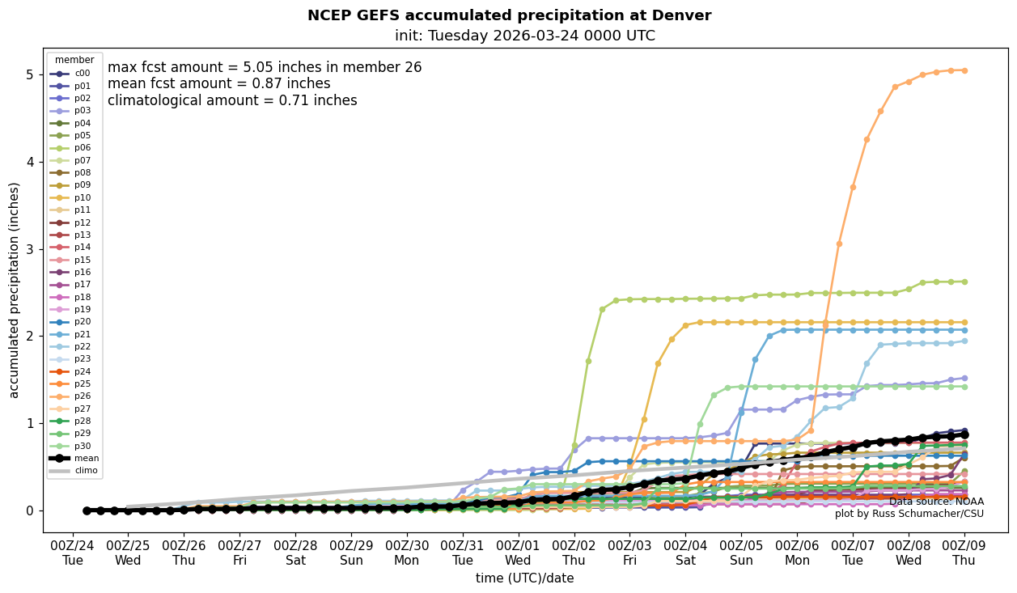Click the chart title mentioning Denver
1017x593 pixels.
coord(509,15)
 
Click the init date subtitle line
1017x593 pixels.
coord(525,36)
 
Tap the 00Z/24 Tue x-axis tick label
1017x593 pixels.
coord(73,552)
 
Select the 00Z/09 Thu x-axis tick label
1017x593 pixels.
coord(964,552)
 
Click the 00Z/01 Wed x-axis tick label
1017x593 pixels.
coord(518,552)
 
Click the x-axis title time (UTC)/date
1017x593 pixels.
coord(525,578)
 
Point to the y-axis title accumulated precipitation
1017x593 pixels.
coord(15,290)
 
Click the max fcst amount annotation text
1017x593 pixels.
coord(265,68)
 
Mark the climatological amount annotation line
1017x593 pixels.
coord(232,100)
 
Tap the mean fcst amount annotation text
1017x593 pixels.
coord(218,84)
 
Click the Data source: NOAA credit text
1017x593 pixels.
coord(936,502)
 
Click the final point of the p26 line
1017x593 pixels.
coord(964,70)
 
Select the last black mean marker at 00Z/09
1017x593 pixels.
coord(964,434)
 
